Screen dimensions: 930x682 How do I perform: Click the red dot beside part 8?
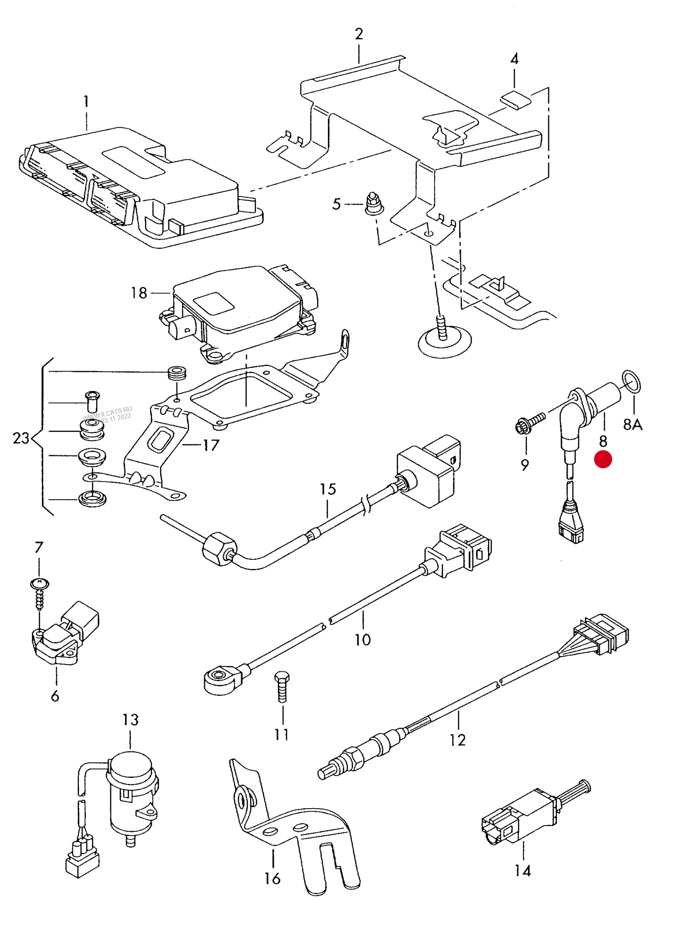(603, 459)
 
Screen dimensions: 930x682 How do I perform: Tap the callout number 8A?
(632, 425)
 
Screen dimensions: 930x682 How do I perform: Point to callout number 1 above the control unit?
(86, 102)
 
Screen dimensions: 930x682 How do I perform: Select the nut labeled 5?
(374, 204)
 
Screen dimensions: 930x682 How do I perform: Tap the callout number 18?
(139, 293)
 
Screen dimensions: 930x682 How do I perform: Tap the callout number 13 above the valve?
(130, 720)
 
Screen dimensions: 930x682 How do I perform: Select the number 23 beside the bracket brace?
(21, 438)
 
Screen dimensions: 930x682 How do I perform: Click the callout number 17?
(211, 445)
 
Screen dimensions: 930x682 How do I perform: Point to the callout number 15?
(328, 489)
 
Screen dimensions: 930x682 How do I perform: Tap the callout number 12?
(457, 740)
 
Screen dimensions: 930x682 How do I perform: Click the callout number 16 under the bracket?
(272, 879)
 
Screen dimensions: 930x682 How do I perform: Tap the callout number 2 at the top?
(359, 34)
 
